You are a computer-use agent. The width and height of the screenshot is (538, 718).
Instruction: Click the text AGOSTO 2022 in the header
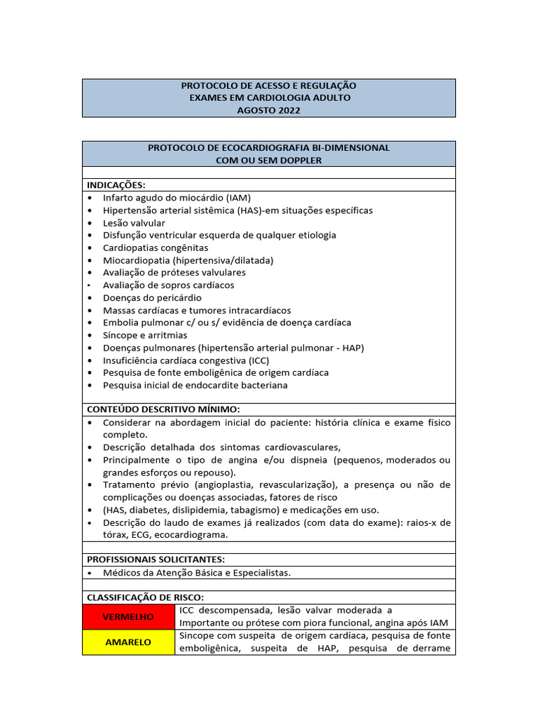pyautogui.click(x=268, y=110)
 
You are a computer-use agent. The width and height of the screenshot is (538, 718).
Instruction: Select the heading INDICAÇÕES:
pyautogui.click(x=116, y=185)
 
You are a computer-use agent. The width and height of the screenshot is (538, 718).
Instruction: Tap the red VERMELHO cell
pyautogui.click(x=128, y=617)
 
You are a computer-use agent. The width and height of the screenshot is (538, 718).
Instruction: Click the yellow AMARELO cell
pyautogui.click(x=128, y=642)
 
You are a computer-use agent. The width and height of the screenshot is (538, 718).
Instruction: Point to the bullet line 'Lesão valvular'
pyautogui.click(x=134, y=223)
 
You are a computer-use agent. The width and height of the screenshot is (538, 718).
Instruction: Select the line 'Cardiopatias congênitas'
pyautogui.click(x=156, y=248)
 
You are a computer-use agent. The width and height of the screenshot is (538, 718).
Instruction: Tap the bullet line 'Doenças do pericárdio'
pyautogui.click(x=152, y=297)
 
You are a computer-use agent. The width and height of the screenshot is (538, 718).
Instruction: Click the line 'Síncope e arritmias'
pyautogui.click(x=145, y=335)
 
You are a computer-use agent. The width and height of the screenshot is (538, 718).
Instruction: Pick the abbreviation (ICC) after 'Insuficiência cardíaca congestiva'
pyautogui.click(x=254, y=360)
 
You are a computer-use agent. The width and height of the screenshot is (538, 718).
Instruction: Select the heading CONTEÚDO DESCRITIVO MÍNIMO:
pyautogui.click(x=163, y=409)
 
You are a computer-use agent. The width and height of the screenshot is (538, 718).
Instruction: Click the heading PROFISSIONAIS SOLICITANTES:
pyautogui.click(x=156, y=560)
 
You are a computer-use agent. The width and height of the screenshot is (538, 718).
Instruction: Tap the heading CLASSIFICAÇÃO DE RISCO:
pyautogui.click(x=145, y=597)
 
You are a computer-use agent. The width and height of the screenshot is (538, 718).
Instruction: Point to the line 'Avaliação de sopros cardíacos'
pyautogui.click(x=168, y=285)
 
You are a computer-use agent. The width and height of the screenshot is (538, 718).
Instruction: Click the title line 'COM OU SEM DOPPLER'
pyautogui.click(x=268, y=161)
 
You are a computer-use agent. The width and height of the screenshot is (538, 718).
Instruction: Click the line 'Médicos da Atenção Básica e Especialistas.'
pyautogui.click(x=196, y=573)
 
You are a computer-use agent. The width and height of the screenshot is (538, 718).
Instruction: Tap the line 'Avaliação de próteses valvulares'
pyautogui.click(x=174, y=273)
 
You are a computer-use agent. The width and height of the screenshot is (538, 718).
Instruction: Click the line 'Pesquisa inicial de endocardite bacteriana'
pyautogui.click(x=195, y=385)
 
